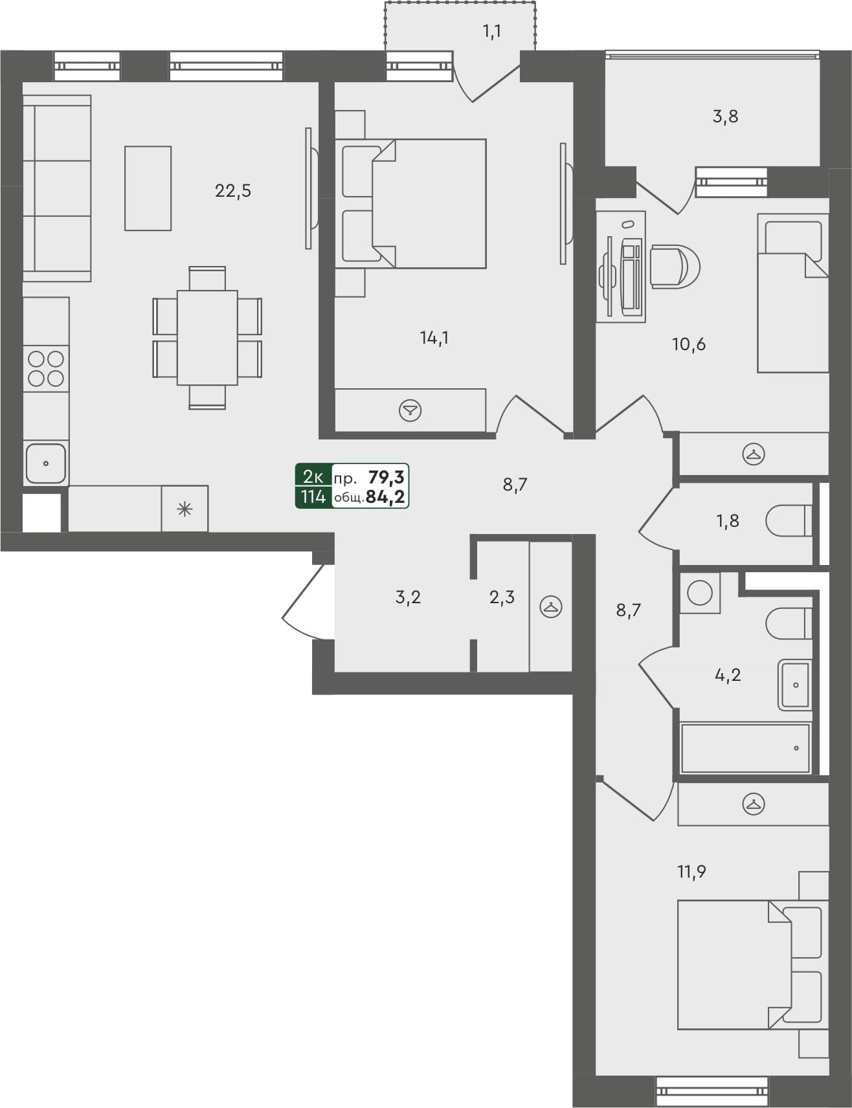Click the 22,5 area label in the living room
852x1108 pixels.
point(233,191)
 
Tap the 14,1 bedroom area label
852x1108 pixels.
point(434,337)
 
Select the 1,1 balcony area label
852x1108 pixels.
point(492,31)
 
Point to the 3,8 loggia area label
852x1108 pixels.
point(725,116)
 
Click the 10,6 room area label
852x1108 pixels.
point(689,344)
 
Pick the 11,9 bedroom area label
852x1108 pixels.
point(691,872)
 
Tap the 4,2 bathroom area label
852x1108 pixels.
point(728,675)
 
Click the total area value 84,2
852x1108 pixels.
point(385,497)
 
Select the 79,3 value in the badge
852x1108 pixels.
point(387,478)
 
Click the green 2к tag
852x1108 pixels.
point(313,478)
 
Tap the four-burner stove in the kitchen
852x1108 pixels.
point(46,368)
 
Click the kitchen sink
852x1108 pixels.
point(45,463)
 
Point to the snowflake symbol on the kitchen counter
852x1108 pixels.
point(185,509)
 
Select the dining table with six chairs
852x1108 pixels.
point(207,338)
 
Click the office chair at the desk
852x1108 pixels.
point(675,266)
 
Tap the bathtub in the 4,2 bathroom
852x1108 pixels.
point(745,748)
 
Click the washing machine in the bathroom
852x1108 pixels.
point(700,593)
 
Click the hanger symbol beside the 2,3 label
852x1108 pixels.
point(551,606)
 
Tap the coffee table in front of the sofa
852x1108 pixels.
point(148,188)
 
